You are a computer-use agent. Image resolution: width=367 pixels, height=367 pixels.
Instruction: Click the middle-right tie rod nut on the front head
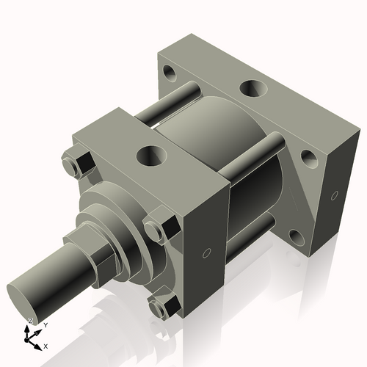click(159, 228)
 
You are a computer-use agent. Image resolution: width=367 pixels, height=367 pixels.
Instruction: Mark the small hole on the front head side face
click(206, 253)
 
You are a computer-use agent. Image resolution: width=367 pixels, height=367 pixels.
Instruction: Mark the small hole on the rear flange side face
click(335, 195)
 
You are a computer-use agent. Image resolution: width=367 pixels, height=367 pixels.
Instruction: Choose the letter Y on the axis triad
click(45, 324)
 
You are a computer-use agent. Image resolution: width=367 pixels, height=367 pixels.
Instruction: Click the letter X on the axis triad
click(46, 345)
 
